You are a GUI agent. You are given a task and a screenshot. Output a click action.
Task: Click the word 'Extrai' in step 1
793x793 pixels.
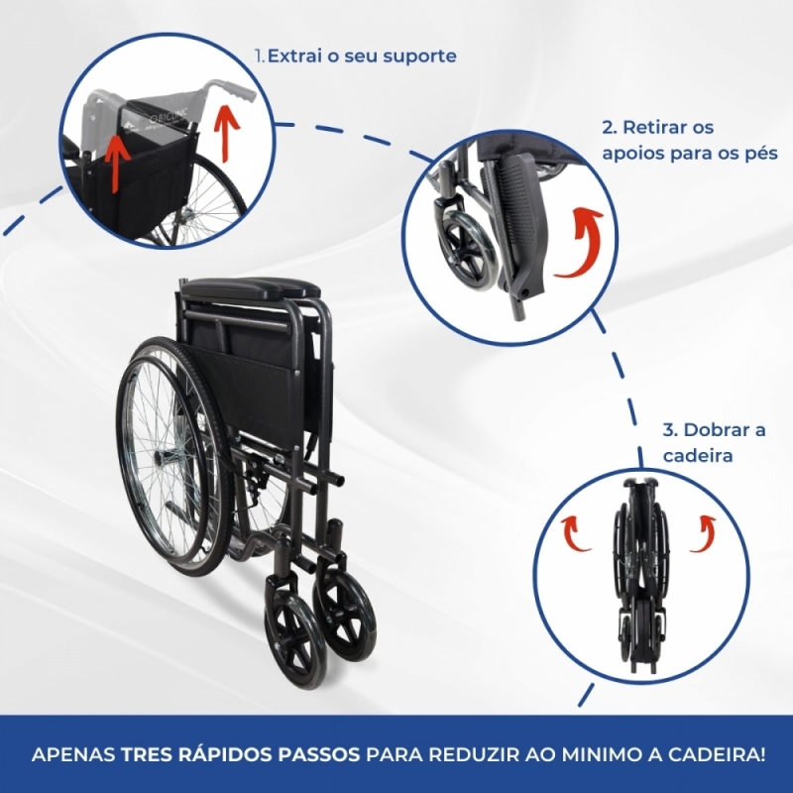point(295,56)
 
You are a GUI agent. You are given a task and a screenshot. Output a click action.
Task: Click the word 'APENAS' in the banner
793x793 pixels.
point(73,755)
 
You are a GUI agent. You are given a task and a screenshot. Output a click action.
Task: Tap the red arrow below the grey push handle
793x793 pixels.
point(225,136)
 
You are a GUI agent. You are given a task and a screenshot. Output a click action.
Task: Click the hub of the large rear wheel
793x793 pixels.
point(165,460)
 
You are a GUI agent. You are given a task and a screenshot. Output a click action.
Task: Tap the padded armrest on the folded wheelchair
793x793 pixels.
point(251,288)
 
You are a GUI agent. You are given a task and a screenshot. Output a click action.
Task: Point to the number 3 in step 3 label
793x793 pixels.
point(668,430)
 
